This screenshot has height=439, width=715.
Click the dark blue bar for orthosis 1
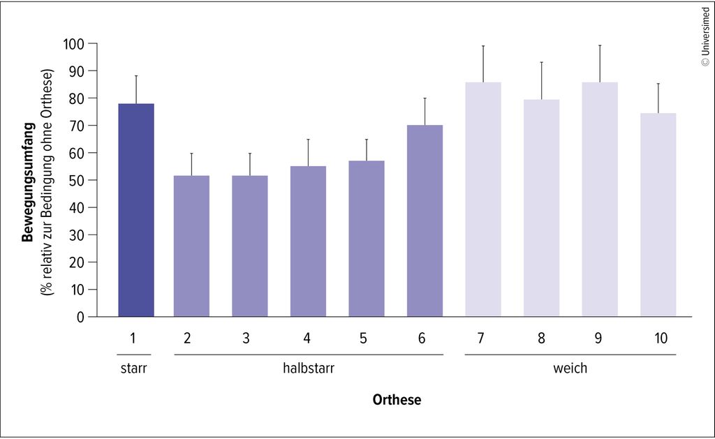(x=136, y=210)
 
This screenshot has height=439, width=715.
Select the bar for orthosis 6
(x=425, y=221)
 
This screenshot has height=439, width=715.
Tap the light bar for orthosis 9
(x=600, y=199)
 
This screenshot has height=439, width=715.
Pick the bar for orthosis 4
(x=308, y=241)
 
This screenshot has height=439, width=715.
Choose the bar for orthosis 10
(x=658, y=215)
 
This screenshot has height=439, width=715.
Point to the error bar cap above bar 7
(x=483, y=46)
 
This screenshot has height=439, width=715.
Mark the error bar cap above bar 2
(x=191, y=154)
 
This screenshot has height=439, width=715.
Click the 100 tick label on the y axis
(x=73, y=44)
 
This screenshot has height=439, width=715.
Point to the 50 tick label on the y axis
(x=77, y=181)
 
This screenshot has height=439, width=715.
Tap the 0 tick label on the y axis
(x=80, y=318)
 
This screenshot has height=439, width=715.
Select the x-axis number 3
(x=246, y=338)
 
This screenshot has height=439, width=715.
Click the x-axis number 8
(x=541, y=338)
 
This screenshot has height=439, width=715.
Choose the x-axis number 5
(x=363, y=338)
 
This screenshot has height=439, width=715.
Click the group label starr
(x=133, y=369)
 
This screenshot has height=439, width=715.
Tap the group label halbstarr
(x=309, y=368)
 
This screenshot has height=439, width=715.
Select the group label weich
(x=570, y=368)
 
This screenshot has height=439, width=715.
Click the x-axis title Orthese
(x=397, y=400)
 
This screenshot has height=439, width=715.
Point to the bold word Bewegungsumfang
(x=28, y=182)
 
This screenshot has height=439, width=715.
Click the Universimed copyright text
(x=705, y=37)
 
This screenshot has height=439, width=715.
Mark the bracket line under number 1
(x=133, y=355)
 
